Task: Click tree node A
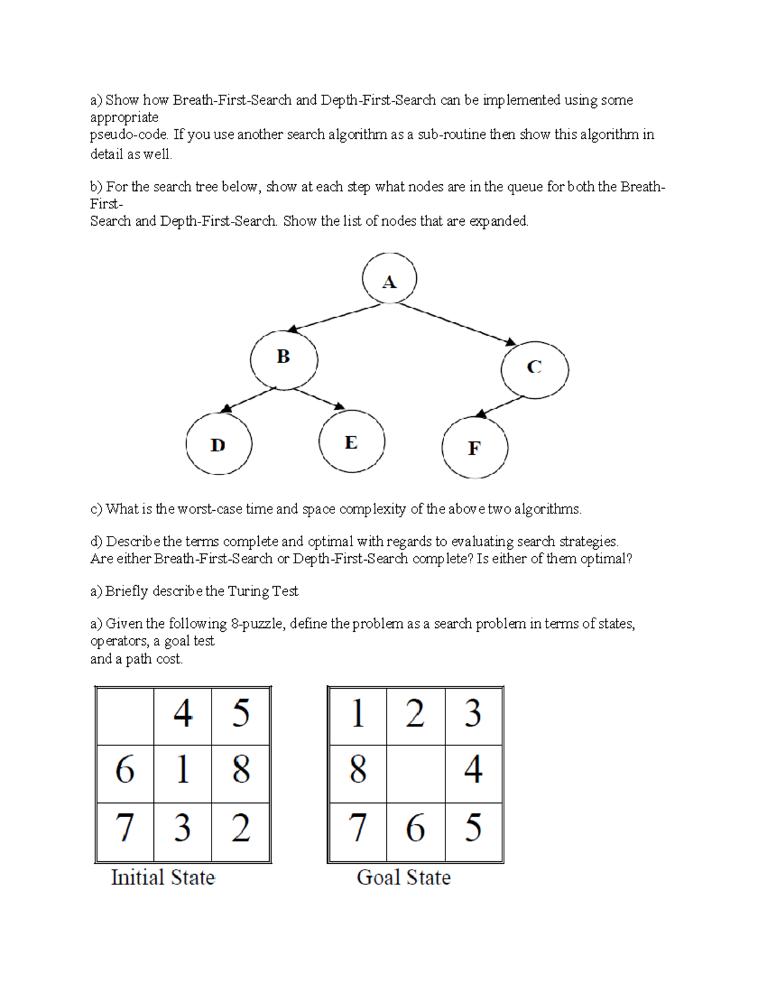[x=389, y=280]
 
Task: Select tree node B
[x=283, y=358]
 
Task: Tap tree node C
[x=534, y=368]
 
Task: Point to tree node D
[x=218, y=444]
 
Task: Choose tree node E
[x=351, y=442]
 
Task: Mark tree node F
[x=474, y=448]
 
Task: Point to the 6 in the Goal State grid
[x=415, y=829]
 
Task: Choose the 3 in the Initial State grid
[x=182, y=829]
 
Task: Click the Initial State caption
[x=163, y=877]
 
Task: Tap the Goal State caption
[x=403, y=877]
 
